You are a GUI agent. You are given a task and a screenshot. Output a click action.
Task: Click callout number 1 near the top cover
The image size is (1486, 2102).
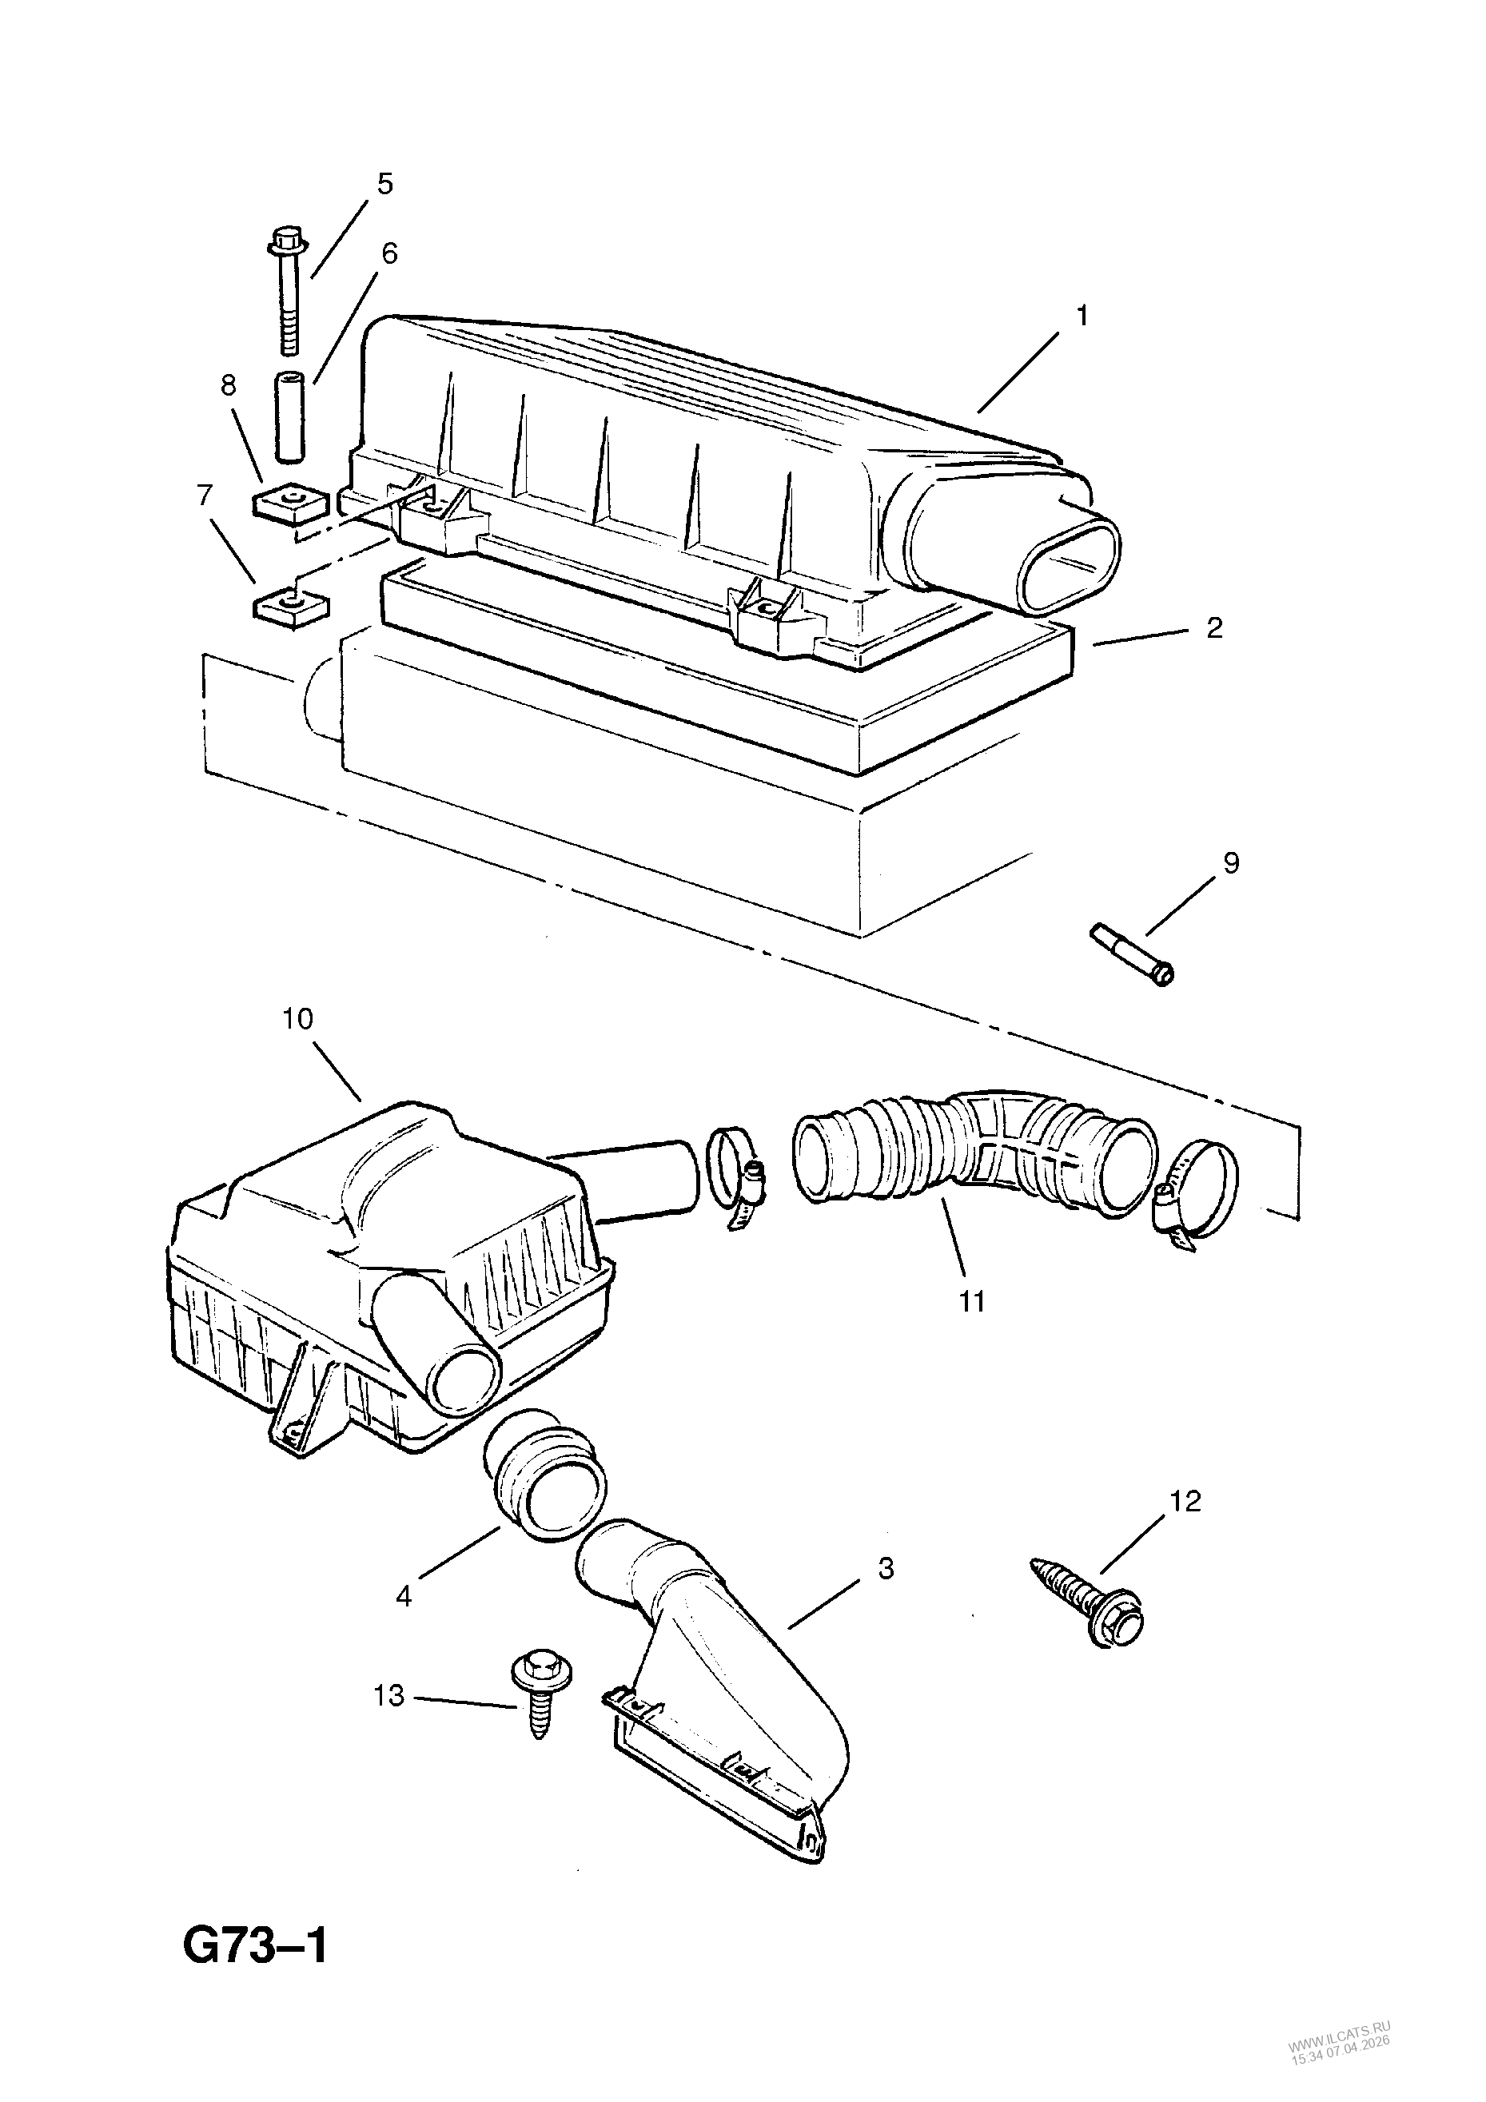coord(1082,316)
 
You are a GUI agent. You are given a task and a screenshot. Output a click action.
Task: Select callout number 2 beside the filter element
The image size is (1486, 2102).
coord(1214,628)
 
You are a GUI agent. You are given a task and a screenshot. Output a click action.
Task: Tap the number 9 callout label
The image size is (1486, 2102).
coord(1230,862)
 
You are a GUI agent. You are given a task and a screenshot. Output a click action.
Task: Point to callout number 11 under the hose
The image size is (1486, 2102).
coord(972,1300)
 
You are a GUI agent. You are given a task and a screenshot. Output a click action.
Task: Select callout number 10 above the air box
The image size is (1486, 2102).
coord(298,1018)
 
